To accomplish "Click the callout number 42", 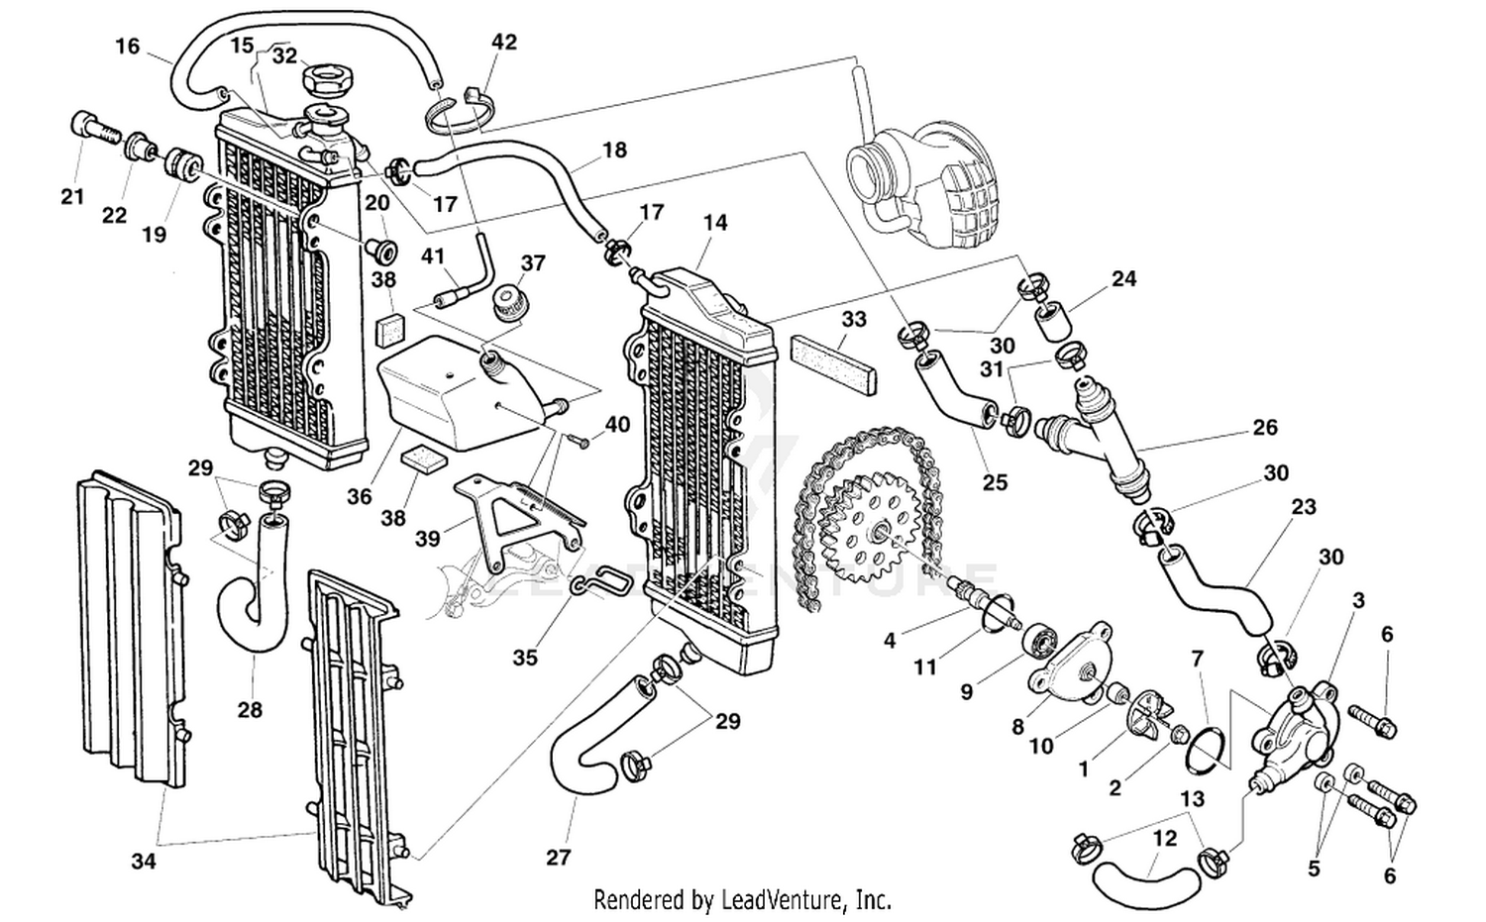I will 504,42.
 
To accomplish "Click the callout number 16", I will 128,46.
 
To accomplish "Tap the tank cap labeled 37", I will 510,298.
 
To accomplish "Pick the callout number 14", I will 715,223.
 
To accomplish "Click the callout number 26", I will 1265,427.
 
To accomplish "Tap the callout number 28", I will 250,709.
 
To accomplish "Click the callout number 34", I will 144,861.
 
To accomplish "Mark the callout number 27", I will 559,857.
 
